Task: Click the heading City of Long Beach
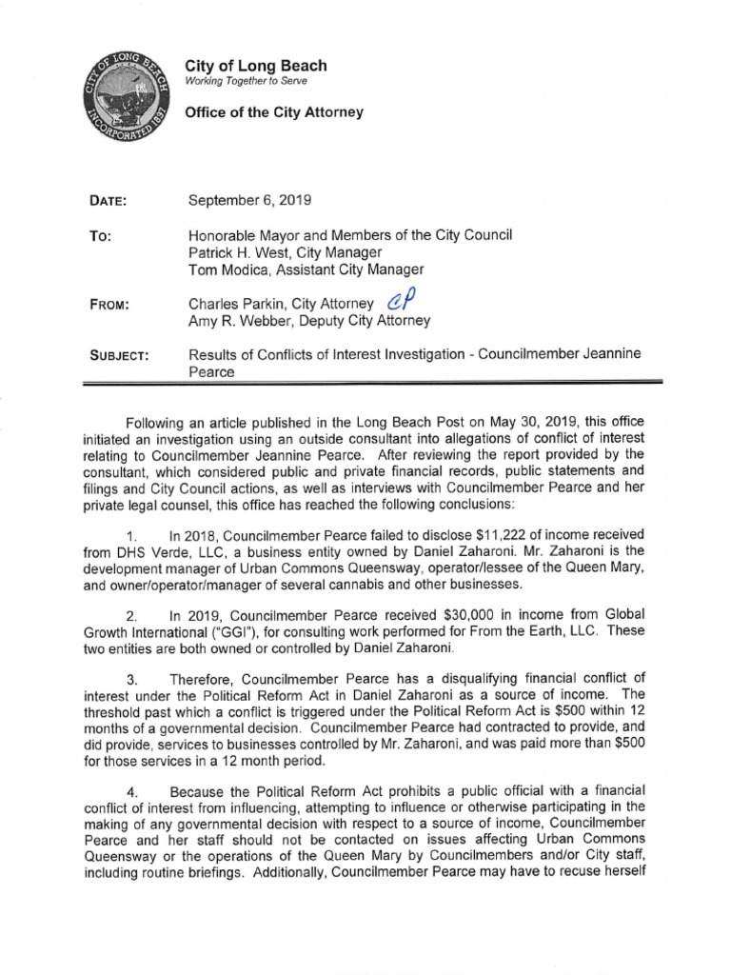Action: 256,66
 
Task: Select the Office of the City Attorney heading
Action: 274,112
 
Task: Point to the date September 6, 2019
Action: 249,201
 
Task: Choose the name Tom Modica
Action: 227,269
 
